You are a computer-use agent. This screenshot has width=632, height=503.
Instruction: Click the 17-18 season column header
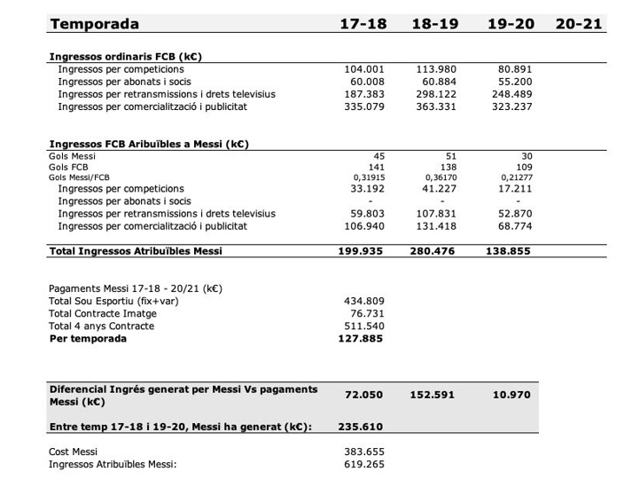point(363,24)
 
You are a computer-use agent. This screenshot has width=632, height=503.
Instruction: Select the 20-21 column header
point(579,24)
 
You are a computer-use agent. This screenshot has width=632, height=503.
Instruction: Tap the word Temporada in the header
point(94,24)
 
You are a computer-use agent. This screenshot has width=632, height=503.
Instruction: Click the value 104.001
point(364,68)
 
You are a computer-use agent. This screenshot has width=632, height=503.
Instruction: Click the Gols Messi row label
point(72,155)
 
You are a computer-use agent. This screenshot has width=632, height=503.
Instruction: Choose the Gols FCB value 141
point(377,167)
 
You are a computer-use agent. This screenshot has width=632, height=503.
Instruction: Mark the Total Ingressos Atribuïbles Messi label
point(136,251)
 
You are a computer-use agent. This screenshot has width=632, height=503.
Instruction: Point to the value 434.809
point(364,301)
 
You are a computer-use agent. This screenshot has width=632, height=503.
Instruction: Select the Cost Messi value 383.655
point(364,452)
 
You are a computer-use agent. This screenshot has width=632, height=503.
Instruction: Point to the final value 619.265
point(364,464)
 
